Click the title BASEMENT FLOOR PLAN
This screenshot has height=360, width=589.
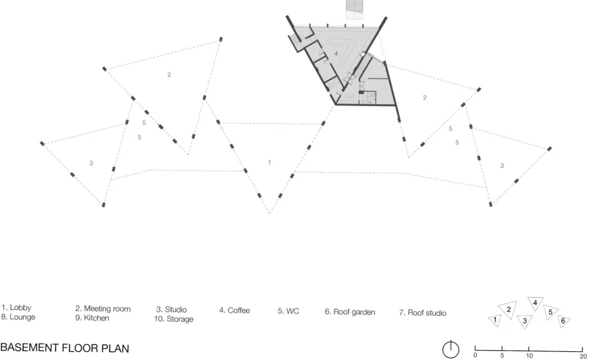pyautogui.click(x=65, y=348)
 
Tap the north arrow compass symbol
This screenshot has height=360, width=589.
pyautogui.click(x=451, y=349)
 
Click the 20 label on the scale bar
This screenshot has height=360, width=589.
pyautogui.click(x=583, y=356)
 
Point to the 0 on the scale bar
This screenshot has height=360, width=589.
pyautogui.click(x=475, y=355)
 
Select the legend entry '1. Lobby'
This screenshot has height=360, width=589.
pyautogui.click(x=16, y=308)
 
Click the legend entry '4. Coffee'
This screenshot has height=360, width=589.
pyautogui.click(x=234, y=311)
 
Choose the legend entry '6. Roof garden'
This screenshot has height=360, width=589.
pyautogui.click(x=350, y=312)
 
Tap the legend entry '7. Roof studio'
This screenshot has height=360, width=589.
pyautogui.click(x=422, y=313)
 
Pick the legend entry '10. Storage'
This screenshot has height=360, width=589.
pyautogui.click(x=174, y=319)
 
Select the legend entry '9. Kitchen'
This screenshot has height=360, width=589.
pyautogui.click(x=92, y=318)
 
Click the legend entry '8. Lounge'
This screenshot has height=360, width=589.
pyautogui.click(x=18, y=317)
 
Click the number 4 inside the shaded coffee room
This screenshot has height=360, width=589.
pyautogui.click(x=336, y=54)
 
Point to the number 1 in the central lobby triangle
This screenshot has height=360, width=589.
pyautogui.click(x=269, y=163)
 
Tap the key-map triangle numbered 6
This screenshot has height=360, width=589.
pyautogui.click(x=563, y=321)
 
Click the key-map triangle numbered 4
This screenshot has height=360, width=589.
pyautogui.click(x=535, y=302)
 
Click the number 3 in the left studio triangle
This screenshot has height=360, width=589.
pyautogui.click(x=91, y=163)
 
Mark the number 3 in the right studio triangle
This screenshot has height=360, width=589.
pyautogui.click(x=502, y=166)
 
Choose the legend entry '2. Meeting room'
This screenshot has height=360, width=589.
pyautogui.click(x=103, y=309)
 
